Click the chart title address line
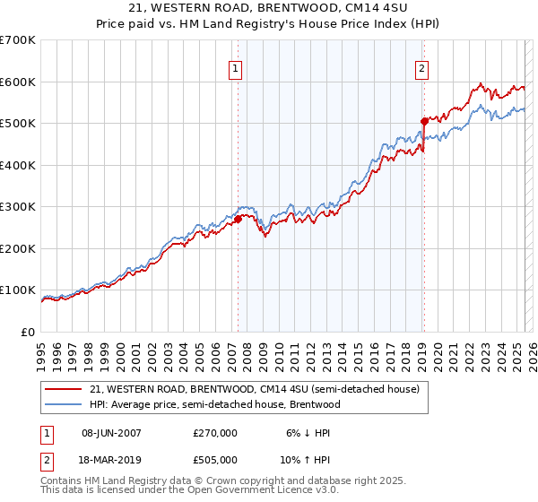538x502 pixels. coord(269,8)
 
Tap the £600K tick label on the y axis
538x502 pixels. coord(18,82)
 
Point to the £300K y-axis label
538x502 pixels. coord(18,207)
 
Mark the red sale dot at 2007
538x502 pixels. coord(238,218)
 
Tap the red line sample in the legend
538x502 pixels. coord(65,390)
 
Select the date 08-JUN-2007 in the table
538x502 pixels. coord(111,433)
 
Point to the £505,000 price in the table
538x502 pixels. coord(215,460)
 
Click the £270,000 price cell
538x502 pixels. coord(215,433)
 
